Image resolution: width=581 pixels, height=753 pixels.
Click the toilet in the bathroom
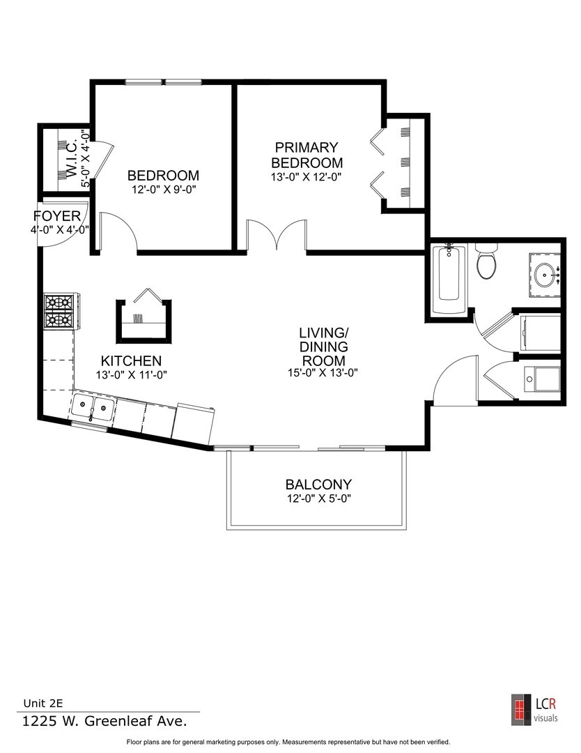[x=486, y=261]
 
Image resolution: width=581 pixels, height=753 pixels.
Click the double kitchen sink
[x=93, y=409]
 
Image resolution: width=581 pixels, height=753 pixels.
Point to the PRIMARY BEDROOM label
[x=307, y=155]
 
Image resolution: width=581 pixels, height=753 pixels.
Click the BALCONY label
[x=318, y=484]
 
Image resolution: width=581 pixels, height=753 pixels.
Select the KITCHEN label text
[x=132, y=361]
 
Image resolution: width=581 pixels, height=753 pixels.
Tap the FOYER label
[x=61, y=216]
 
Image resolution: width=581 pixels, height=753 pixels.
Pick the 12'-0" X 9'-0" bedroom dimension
[x=163, y=190]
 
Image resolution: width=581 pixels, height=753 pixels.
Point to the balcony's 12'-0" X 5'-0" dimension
[x=318, y=499]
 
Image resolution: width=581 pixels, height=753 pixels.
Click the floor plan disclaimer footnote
[x=293, y=742]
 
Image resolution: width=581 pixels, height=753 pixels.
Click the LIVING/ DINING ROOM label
[x=323, y=346]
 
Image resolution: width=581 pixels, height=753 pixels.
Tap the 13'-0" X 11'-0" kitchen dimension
[x=132, y=374]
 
